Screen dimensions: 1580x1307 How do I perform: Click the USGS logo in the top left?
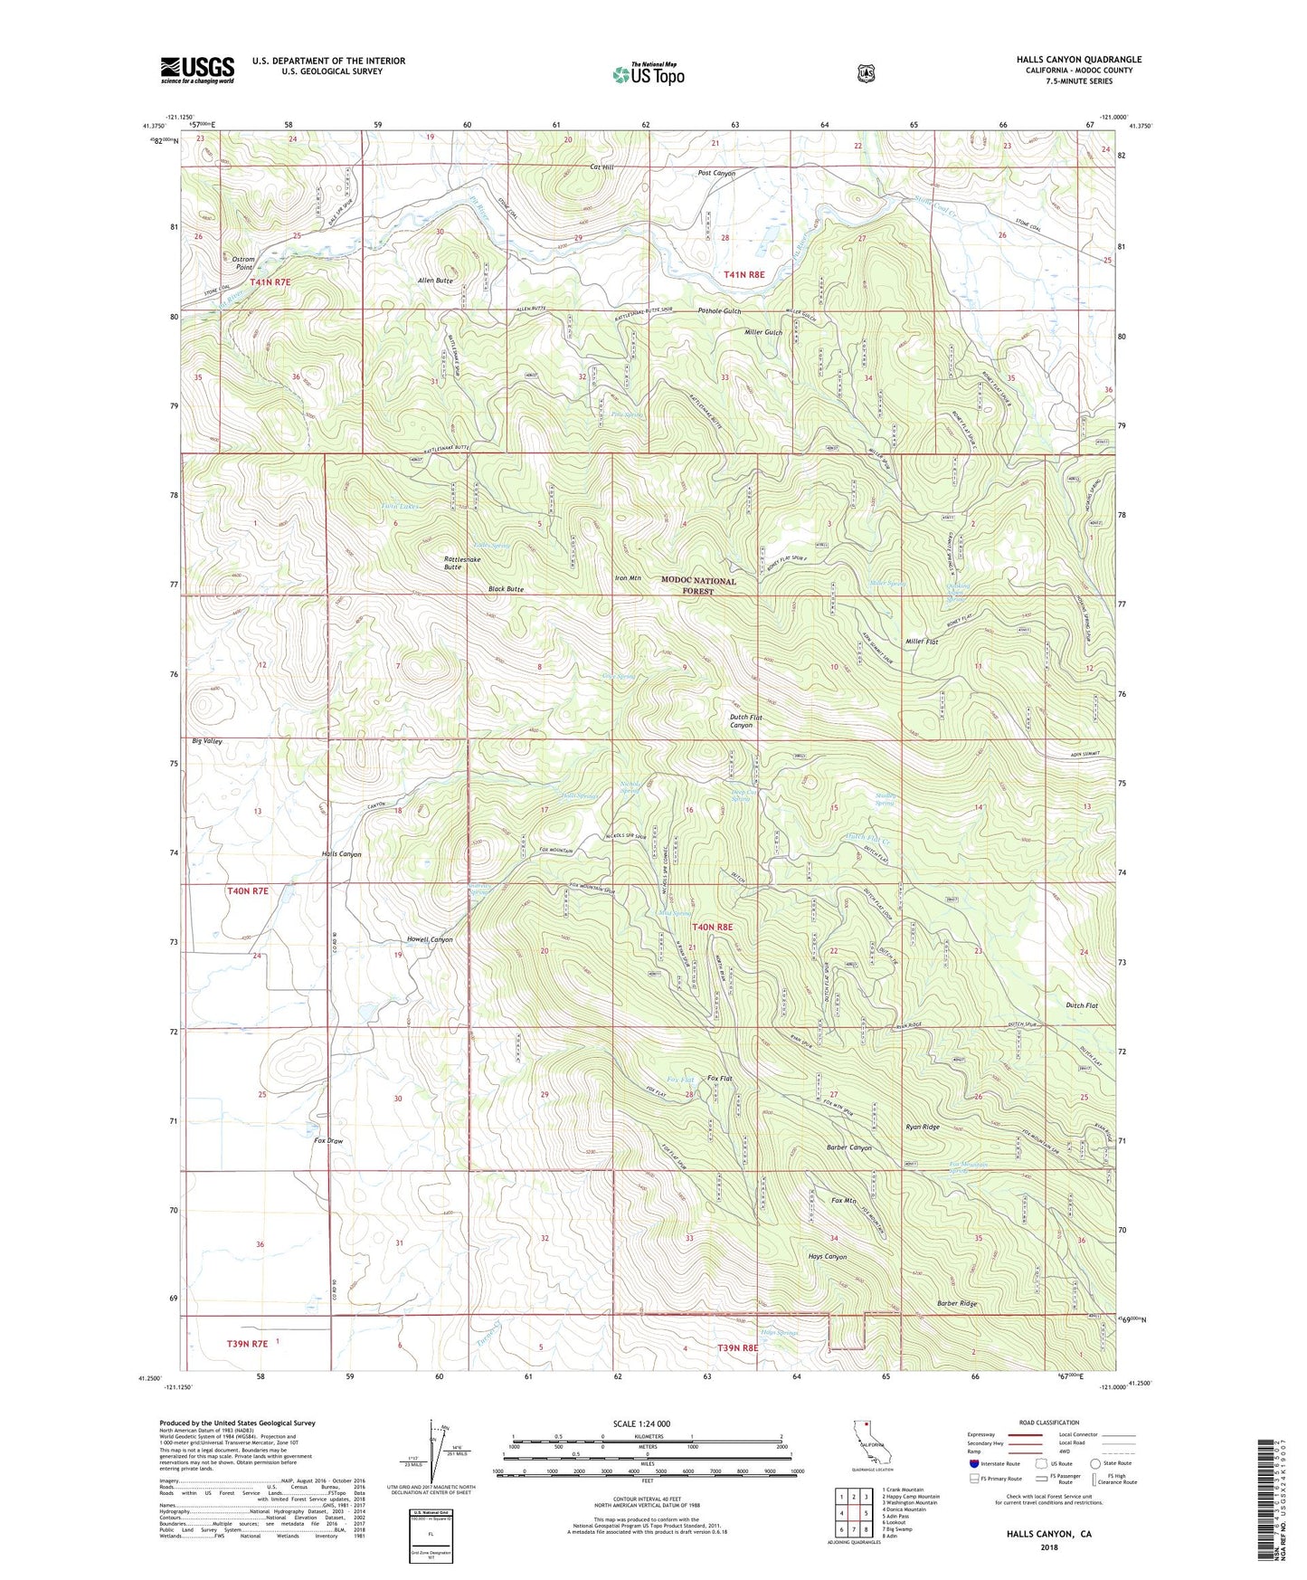197,70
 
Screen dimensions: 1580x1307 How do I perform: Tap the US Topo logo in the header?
648,74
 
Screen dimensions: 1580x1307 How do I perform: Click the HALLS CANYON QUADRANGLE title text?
1078,60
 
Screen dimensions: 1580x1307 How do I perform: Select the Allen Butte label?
435,281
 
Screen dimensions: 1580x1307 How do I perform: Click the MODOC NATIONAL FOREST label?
698,585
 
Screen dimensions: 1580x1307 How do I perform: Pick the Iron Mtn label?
628,577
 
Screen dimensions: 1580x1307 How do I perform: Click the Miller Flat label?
921,642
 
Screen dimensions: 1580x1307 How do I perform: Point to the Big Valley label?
207,741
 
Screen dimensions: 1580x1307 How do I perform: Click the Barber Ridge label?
956,1304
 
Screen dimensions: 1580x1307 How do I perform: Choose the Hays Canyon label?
827,1257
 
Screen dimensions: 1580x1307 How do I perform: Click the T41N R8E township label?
743,274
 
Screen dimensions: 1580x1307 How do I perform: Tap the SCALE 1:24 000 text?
641,1423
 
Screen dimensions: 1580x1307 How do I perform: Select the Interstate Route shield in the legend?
973,1462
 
